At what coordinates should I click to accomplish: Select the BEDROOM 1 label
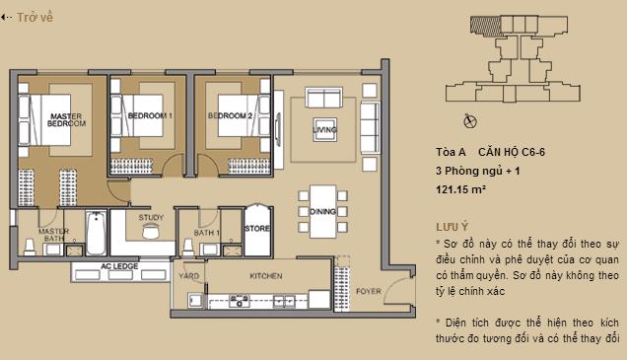tap(150, 116)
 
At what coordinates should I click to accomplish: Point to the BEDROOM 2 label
tap(231, 116)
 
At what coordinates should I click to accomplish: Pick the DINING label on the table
tap(322, 210)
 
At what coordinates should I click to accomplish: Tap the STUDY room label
tap(151, 217)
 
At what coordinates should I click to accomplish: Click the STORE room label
tap(256, 229)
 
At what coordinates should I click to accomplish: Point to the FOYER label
tap(368, 292)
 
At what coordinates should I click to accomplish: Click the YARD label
tap(188, 276)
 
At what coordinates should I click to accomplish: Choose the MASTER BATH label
tap(52, 235)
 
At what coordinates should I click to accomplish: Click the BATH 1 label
tap(206, 233)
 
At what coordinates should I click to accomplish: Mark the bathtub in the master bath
tap(96, 235)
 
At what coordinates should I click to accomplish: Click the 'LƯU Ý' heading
tap(452, 226)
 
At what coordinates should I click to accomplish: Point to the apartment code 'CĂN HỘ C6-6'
tap(519, 153)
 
